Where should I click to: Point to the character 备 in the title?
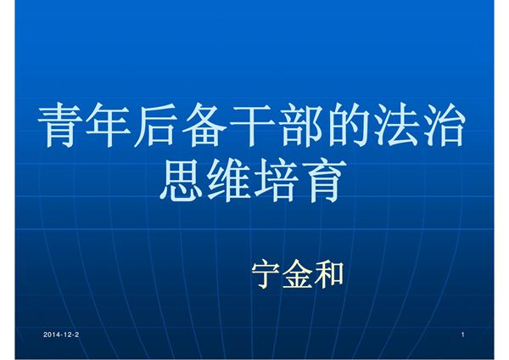tap(207, 127)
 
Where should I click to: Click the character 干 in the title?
tap(255, 127)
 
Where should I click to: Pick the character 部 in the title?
tap(302, 127)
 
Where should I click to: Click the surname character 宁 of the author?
tap(268, 273)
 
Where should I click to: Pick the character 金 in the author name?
tap(299, 273)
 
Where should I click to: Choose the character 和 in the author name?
tap(329, 273)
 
